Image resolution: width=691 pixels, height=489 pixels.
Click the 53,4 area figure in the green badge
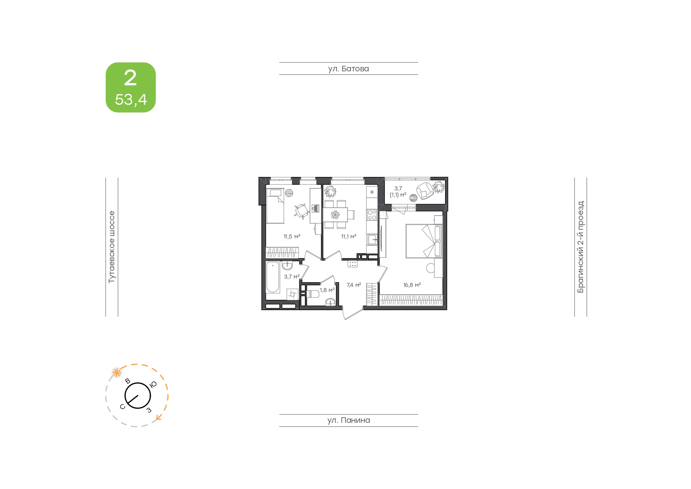(131, 100)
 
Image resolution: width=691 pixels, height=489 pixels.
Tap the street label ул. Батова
(349, 69)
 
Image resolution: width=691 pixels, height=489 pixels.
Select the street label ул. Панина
(349, 420)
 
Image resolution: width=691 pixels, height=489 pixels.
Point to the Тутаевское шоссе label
(112, 247)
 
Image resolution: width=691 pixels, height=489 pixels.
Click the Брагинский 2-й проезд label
(581, 247)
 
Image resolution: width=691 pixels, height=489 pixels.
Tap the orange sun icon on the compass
(116, 372)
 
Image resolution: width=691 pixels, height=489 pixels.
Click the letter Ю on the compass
(153, 384)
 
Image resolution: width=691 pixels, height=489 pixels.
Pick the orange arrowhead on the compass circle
(158, 417)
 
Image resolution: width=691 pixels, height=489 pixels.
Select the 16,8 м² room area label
(412, 285)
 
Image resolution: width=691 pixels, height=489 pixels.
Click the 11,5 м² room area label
(292, 236)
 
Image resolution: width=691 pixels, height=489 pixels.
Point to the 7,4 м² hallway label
(354, 285)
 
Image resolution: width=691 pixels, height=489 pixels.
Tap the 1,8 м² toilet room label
(327, 290)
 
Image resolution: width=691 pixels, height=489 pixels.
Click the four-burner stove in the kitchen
(372, 215)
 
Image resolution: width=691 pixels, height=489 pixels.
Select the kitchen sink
(372, 239)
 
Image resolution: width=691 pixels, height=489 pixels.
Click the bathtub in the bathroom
(272, 277)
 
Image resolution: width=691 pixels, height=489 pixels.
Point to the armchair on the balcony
(424, 190)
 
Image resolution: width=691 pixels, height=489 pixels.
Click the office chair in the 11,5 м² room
(302, 211)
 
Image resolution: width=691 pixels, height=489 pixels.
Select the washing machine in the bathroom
(292, 294)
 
